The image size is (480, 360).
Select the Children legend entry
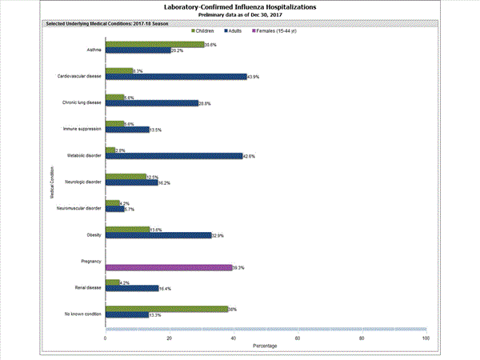tap(209, 30)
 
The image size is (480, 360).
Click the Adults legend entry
tap(245, 30)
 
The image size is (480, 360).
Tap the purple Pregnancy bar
tap(168, 268)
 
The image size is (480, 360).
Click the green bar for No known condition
tap(166, 309)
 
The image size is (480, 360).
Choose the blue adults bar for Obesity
tap(158, 235)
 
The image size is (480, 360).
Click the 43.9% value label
tap(255, 77)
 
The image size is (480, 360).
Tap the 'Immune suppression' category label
tap(82, 128)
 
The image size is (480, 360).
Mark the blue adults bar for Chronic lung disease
tap(152, 103)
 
